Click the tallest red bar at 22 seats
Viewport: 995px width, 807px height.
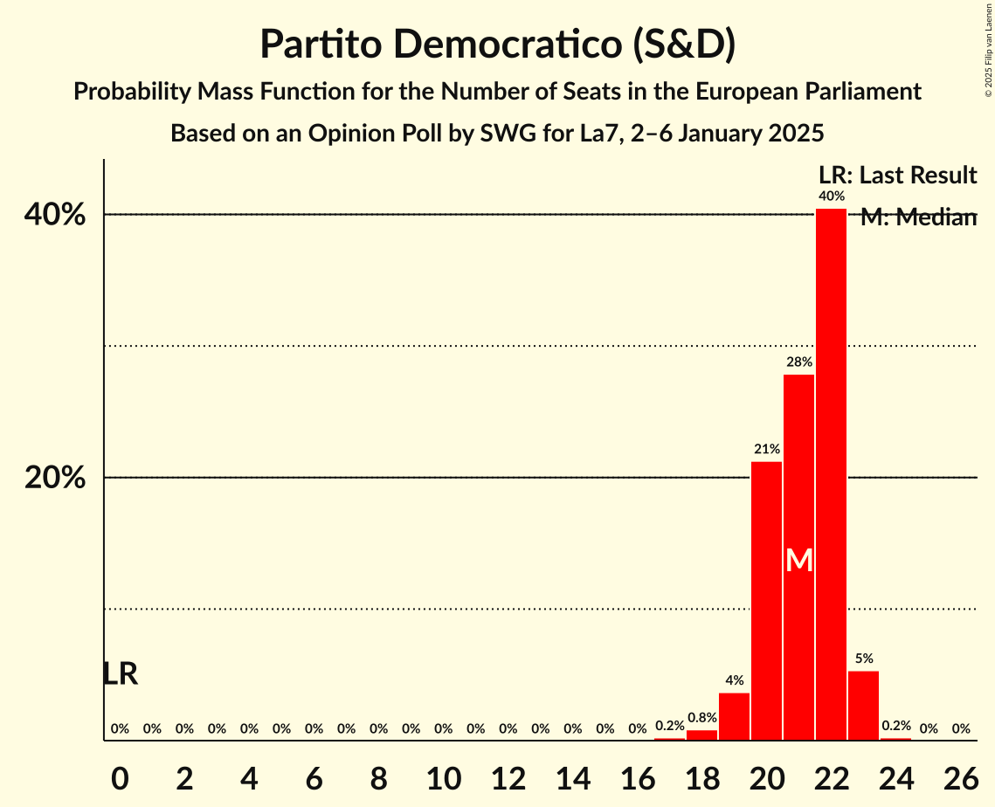831,474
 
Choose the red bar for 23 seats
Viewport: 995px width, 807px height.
863,706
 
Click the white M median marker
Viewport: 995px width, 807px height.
798,560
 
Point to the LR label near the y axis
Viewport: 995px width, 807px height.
120,673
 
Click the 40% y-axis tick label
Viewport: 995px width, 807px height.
60,215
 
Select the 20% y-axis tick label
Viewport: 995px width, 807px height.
60,479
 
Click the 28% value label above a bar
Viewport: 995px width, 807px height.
798,362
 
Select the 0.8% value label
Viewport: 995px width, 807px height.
701,718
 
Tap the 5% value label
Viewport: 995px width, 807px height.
863,659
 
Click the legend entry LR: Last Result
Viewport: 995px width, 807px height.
897,176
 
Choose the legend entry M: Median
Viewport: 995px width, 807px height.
918,217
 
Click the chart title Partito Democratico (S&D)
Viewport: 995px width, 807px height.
497,45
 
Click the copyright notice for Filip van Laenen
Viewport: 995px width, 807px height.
988,51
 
